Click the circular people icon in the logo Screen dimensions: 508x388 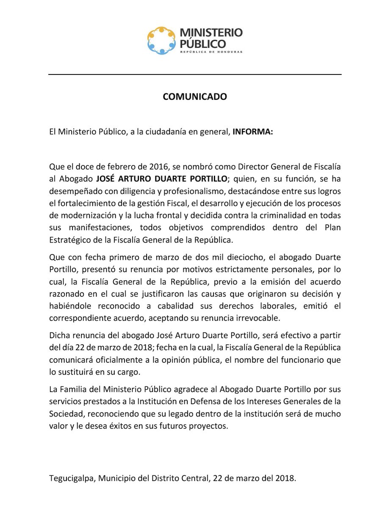161,40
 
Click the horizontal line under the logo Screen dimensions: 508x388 195,75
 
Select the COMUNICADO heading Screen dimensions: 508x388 195,97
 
